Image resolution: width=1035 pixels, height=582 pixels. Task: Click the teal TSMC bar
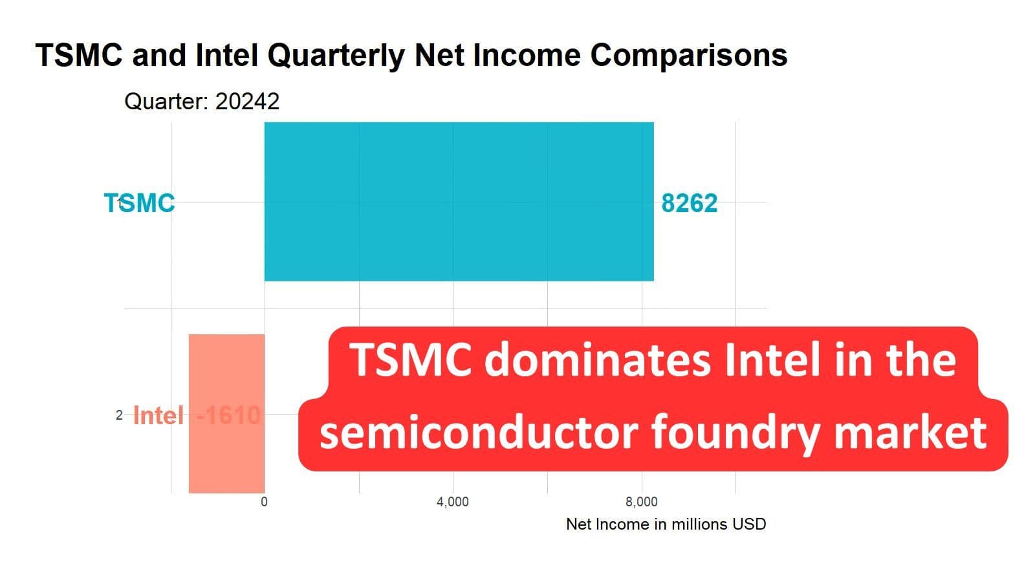coord(459,202)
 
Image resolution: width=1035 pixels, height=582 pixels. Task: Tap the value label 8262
coord(689,204)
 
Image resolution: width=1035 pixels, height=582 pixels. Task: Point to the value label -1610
coord(229,415)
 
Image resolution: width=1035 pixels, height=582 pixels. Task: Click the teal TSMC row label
coord(140,204)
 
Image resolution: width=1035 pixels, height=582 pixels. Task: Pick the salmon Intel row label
coord(158,415)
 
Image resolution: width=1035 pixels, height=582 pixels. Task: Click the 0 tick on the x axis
coord(264,502)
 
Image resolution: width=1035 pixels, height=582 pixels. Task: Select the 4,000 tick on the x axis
coord(452,502)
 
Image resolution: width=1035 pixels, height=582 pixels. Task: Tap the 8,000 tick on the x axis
coord(641,502)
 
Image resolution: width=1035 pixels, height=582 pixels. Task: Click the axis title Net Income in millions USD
coord(666,524)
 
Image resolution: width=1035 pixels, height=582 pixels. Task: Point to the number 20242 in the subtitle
coord(247,102)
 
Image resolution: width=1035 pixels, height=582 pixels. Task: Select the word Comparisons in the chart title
coord(688,56)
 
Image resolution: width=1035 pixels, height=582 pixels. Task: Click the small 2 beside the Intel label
coord(119,415)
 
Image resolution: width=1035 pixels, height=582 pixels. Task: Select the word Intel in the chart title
coord(226,56)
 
